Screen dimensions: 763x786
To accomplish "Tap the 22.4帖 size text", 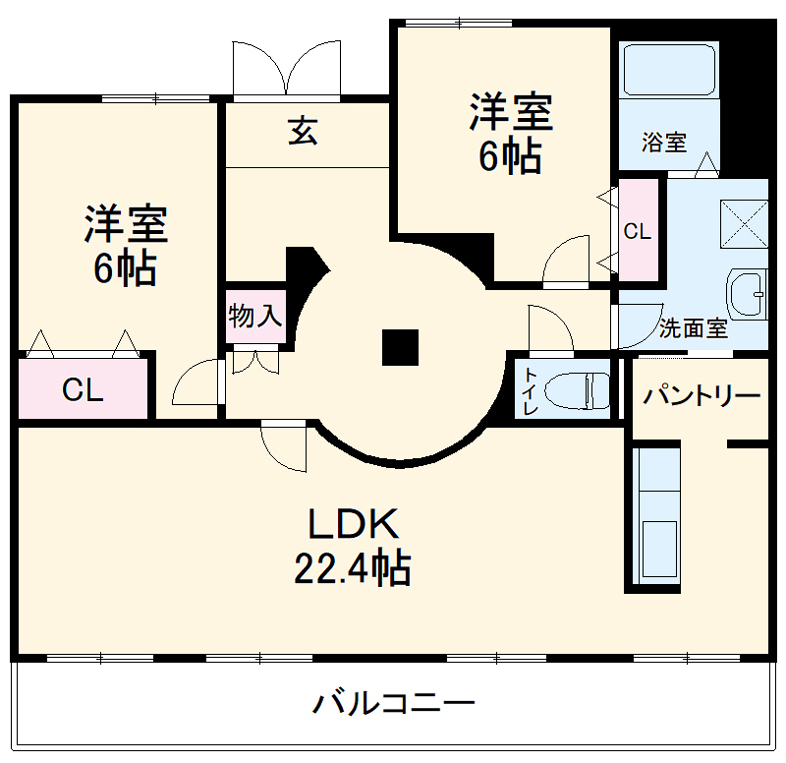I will click(353, 568).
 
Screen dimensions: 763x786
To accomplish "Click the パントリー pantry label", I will click(702, 396).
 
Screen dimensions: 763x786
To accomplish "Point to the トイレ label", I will click(531, 390).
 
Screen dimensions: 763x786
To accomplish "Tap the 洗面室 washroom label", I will click(694, 328).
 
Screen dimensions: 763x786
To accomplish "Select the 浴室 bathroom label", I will click(664, 143).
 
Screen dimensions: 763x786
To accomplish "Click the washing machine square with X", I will click(744, 222).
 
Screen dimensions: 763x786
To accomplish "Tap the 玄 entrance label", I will click(303, 131).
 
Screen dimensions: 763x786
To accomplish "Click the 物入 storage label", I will click(255, 317).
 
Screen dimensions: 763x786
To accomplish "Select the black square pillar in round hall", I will click(401, 347).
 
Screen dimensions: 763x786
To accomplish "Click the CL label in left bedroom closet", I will click(83, 390).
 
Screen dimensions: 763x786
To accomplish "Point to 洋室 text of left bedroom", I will click(125, 225).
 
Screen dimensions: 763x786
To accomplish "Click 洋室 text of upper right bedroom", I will click(510, 113).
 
